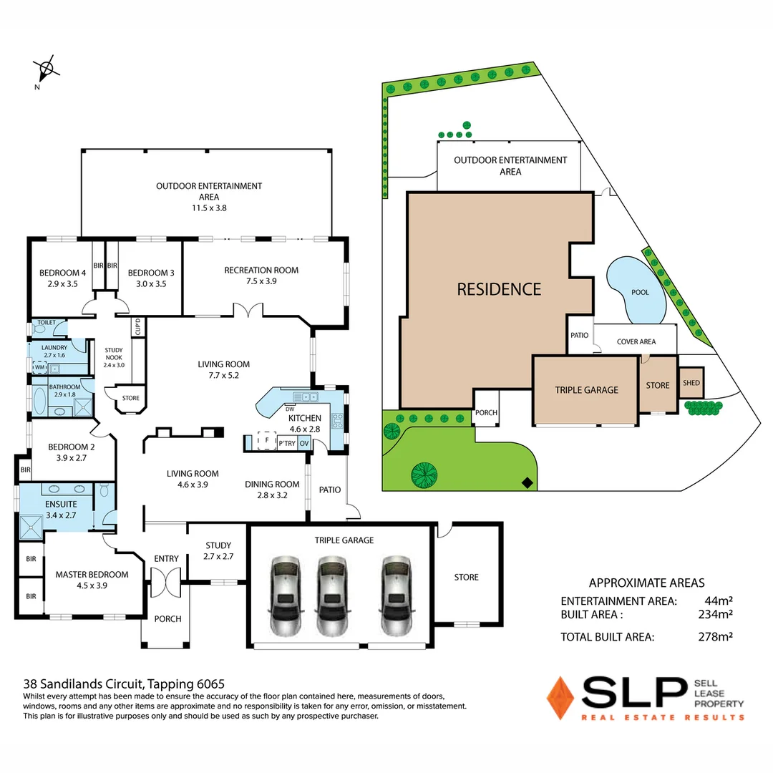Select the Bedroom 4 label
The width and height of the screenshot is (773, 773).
[62, 278]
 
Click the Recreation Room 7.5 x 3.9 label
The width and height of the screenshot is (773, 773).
[261, 276]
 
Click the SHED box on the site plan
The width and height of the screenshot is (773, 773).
[691, 383]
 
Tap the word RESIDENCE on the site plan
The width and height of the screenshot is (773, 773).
[499, 289]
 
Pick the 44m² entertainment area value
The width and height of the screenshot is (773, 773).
[718, 601]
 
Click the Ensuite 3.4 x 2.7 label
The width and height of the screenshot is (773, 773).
[61, 509]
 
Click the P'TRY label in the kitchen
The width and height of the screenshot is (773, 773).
[287, 444]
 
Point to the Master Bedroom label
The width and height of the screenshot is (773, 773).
[92, 579]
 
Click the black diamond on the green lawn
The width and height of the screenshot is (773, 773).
[528, 483]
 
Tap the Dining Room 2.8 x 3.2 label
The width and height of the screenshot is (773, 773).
[272, 489]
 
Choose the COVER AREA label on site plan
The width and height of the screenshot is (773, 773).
[636, 342]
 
